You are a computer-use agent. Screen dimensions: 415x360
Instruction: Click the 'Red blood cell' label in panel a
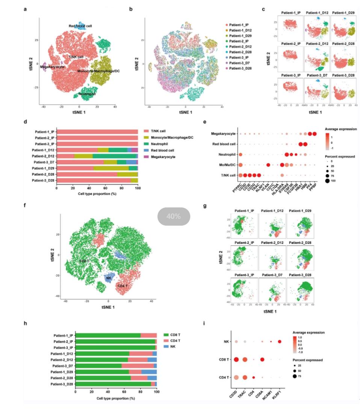point(80,26)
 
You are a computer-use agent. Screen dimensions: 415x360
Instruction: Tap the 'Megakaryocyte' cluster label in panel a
point(52,67)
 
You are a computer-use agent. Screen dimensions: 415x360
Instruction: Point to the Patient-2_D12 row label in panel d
point(43,156)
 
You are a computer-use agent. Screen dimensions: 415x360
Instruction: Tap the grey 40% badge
point(174,216)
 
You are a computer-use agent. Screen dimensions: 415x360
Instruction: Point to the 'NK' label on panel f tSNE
point(109,278)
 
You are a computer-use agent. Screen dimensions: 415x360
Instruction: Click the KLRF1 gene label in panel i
point(280,395)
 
